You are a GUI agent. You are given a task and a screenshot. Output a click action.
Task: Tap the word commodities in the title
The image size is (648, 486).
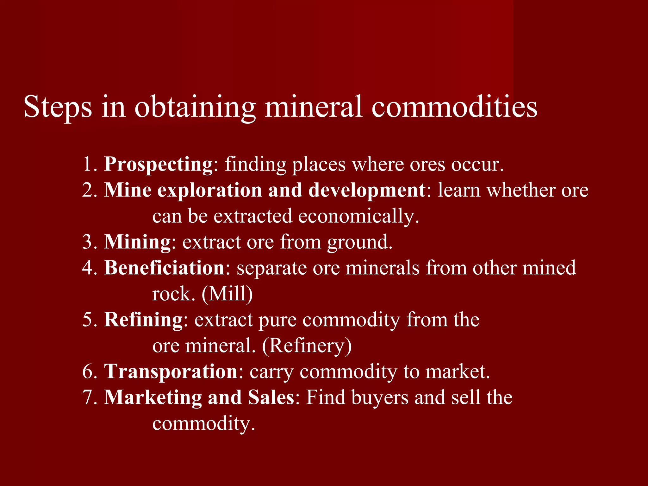pyautogui.click(x=454, y=107)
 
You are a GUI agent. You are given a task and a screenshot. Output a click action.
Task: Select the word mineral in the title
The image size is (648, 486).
pyautogui.click(x=313, y=107)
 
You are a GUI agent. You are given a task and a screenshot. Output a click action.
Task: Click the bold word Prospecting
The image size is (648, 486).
pyautogui.click(x=159, y=165)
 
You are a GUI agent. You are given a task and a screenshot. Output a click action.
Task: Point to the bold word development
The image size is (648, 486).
pyautogui.click(x=367, y=190)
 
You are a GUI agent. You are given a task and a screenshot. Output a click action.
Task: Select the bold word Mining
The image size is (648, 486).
pyautogui.click(x=137, y=242)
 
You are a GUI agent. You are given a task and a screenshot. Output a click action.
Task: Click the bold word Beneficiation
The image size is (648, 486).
pyautogui.click(x=164, y=268)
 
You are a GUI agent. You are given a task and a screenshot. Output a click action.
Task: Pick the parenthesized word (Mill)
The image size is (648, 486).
pyautogui.click(x=227, y=294)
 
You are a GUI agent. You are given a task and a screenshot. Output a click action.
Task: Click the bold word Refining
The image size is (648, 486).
pyautogui.click(x=143, y=320)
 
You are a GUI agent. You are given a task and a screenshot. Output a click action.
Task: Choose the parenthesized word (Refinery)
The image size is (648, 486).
pyautogui.click(x=307, y=346)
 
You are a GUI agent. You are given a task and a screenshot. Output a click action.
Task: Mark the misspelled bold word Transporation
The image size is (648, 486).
pyautogui.click(x=171, y=371)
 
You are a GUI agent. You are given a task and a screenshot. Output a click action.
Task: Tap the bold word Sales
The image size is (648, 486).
pyautogui.click(x=271, y=397)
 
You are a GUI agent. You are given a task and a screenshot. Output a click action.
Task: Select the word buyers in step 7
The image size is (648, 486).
pyautogui.click(x=379, y=398)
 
